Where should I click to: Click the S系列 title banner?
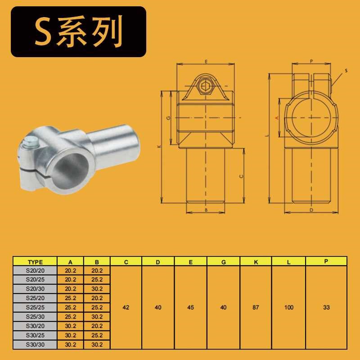point(78,32)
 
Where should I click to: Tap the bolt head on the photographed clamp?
point(31,144)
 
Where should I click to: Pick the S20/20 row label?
point(35,271)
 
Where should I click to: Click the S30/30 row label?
point(35,344)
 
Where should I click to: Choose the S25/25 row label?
point(35,307)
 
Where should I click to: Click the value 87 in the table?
point(256,307)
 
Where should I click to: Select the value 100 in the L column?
point(288,307)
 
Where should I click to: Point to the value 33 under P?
point(326,307)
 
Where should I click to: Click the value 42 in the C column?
point(126,307)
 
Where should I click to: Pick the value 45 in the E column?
point(190,307)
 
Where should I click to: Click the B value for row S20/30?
point(97,289)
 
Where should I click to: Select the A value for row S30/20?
point(71,326)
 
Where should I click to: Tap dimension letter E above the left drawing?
point(206,61)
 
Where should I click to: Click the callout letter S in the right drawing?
point(346,71)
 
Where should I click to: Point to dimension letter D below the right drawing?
point(311,210)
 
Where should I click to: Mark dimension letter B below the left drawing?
point(206,210)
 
